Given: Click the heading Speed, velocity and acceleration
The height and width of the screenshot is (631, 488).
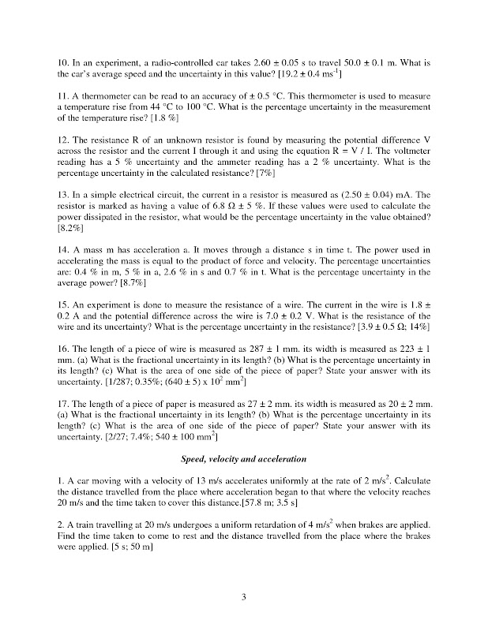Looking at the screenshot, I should coord(243,458).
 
